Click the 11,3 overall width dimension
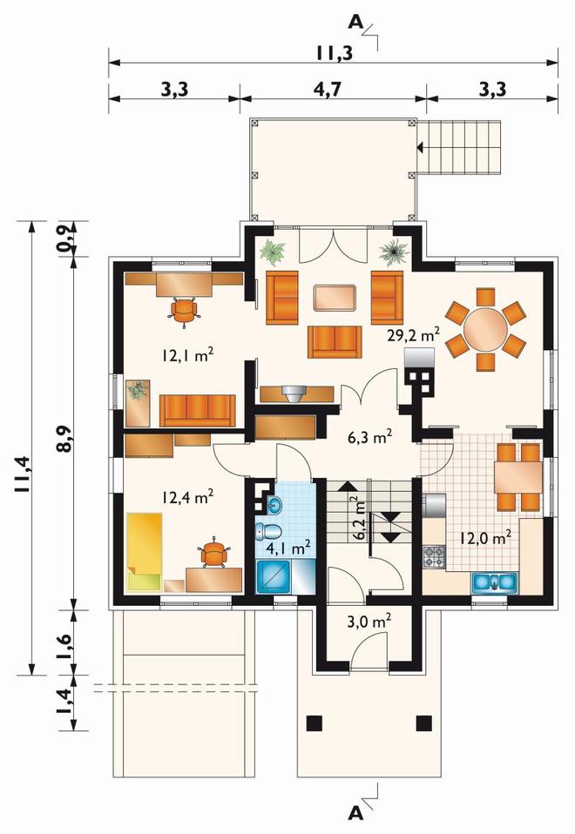pos(335,53)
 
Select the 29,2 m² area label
pos(413,335)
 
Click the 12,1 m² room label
pos(188,355)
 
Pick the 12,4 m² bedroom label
pos(188,498)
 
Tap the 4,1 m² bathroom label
pos(288,548)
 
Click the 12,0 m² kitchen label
pos(485,538)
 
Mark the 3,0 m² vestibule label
pos(369,622)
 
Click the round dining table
pos(485,329)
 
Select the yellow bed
pos(145,552)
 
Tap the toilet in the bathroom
pos(269,531)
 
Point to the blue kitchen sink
pos(494,582)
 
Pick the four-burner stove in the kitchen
pos(433,556)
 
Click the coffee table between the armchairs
pos(335,298)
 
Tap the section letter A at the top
pos(355,23)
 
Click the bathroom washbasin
pos(274,505)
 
